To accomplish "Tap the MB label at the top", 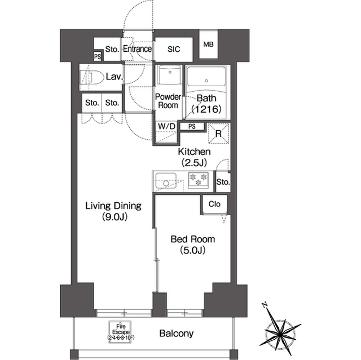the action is pyautogui.click(x=208, y=45).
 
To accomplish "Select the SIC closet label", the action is pyautogui.click(x=174, y=49).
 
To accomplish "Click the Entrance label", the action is pyautogui.click(x=137, y=49).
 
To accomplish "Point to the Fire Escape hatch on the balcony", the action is pyautogui.click(x=120, y=332).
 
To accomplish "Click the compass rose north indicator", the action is pyautogui.click(x=265, y=305).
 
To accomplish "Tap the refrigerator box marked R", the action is pyautogui.click(x=218, y=134).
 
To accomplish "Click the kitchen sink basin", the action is pyautogui.click(x=166, y=181).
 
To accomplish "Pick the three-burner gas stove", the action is pyautogui.click(x=198, y=180).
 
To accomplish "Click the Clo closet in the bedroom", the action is pyautogui.click(x=214, y=204).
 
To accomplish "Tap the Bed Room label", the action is pyautogui.click(x=193, y=239).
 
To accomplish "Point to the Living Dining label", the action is pyautogui.click(x=113, y=206).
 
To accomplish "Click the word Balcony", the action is pyautogui.click(x=177, y=334).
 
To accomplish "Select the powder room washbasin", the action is pyautogui.click(x=170, y=75).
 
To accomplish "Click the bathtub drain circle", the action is pyautogui.click(x=206, y=81).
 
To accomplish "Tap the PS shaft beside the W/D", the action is pyautogui.click(x=192, y=126).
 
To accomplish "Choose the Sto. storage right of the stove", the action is pyautogui.click(x=223, y=182).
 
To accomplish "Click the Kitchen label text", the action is pyautogui.click(x=194, y=152).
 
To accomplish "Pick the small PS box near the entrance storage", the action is pyautogui.click(x=98, y=56).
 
